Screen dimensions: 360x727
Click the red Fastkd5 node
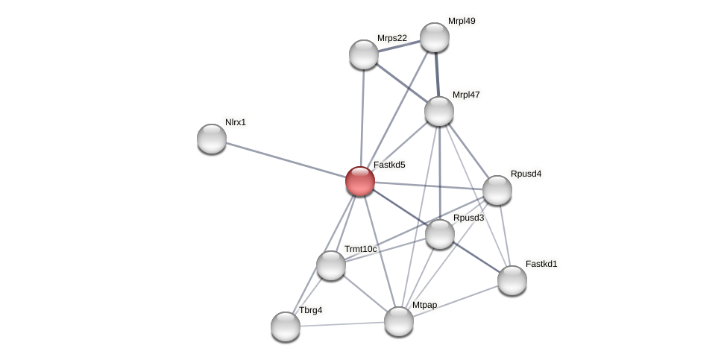(x=360, y=181)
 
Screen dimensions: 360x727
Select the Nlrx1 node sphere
(x=212, y=139)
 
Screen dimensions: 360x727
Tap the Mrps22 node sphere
(x=364, y=54)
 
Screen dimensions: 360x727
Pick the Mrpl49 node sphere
(x=435, y=37)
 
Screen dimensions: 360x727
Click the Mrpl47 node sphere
(x=439, y=111)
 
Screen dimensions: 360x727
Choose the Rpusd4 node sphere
(x=497, y=190)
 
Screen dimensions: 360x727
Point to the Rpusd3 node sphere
(x=440, y=234)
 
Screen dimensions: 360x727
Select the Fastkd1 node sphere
(x=512, y=280)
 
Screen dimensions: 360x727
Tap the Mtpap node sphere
(x=399, y=321)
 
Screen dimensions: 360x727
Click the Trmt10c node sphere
(x=331, y=265)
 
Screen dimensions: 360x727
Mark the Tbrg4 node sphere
(x=286, y=326)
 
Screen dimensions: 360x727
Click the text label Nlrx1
(x=236, y=122)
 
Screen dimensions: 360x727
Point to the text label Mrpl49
(x=462, y=21)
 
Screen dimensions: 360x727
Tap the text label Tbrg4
(x=311, y=310)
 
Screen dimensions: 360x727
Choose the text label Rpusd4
(x=526, y=174)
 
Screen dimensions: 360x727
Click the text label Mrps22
(x=392, y=38)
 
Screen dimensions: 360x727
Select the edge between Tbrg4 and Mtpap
(x=342, y=324)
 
